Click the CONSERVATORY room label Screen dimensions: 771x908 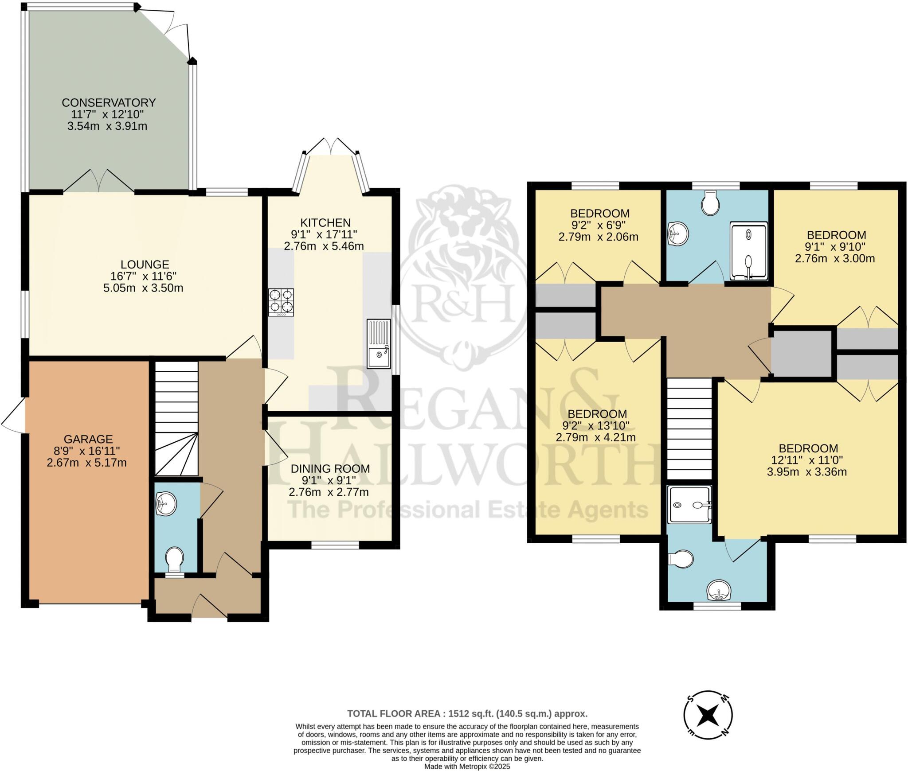coord(109,103)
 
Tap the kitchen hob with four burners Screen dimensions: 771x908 coord(281,302)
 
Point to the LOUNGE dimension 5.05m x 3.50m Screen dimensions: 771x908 coord(143,288)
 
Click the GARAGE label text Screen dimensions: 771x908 coord(88,439)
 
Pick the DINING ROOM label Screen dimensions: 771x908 coord(330,468)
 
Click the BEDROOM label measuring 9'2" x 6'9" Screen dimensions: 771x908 coord(599,213)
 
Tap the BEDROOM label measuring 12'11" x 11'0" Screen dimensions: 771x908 coord(808,448)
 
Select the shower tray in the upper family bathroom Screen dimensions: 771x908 coord(748,251)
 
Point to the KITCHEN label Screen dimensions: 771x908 coord(325,222)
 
